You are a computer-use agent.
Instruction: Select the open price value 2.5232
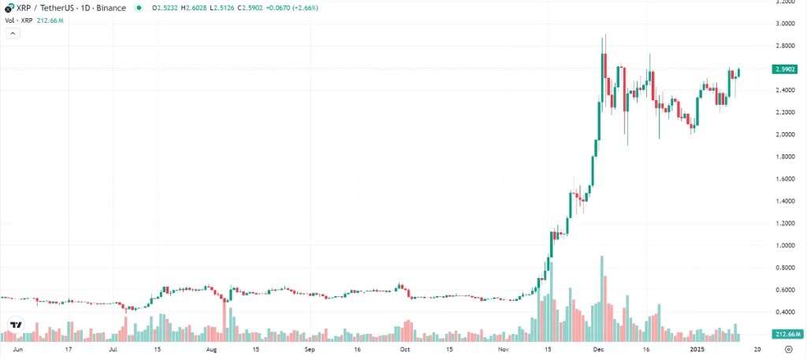click(165, 8)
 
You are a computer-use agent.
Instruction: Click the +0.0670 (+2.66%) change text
click(293, 8)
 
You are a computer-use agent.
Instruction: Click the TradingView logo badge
click(16, 325)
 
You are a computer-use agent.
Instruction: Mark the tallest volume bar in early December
click(602, 298)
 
